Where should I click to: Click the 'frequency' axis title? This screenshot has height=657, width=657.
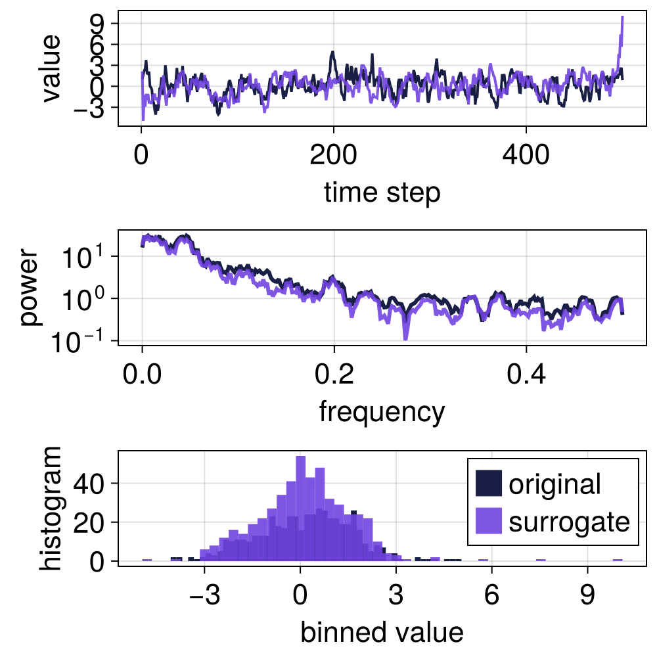382,412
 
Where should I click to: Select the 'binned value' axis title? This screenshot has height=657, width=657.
382,632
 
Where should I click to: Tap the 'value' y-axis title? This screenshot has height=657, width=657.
50,68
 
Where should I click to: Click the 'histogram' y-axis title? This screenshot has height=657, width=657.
50,508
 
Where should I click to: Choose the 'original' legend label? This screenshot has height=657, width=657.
555,484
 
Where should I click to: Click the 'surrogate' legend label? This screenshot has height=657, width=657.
569,522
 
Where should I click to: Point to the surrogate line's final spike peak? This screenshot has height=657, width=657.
622,18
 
